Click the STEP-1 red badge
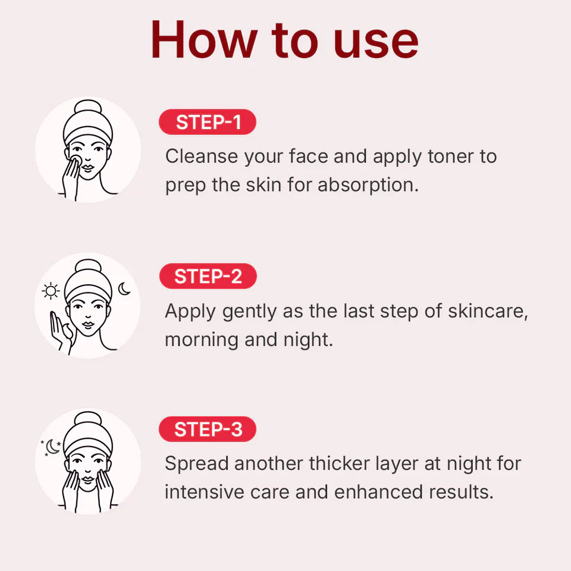208,122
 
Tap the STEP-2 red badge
208,277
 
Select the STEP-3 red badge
208,429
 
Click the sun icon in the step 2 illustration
52,291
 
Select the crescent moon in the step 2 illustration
124,289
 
